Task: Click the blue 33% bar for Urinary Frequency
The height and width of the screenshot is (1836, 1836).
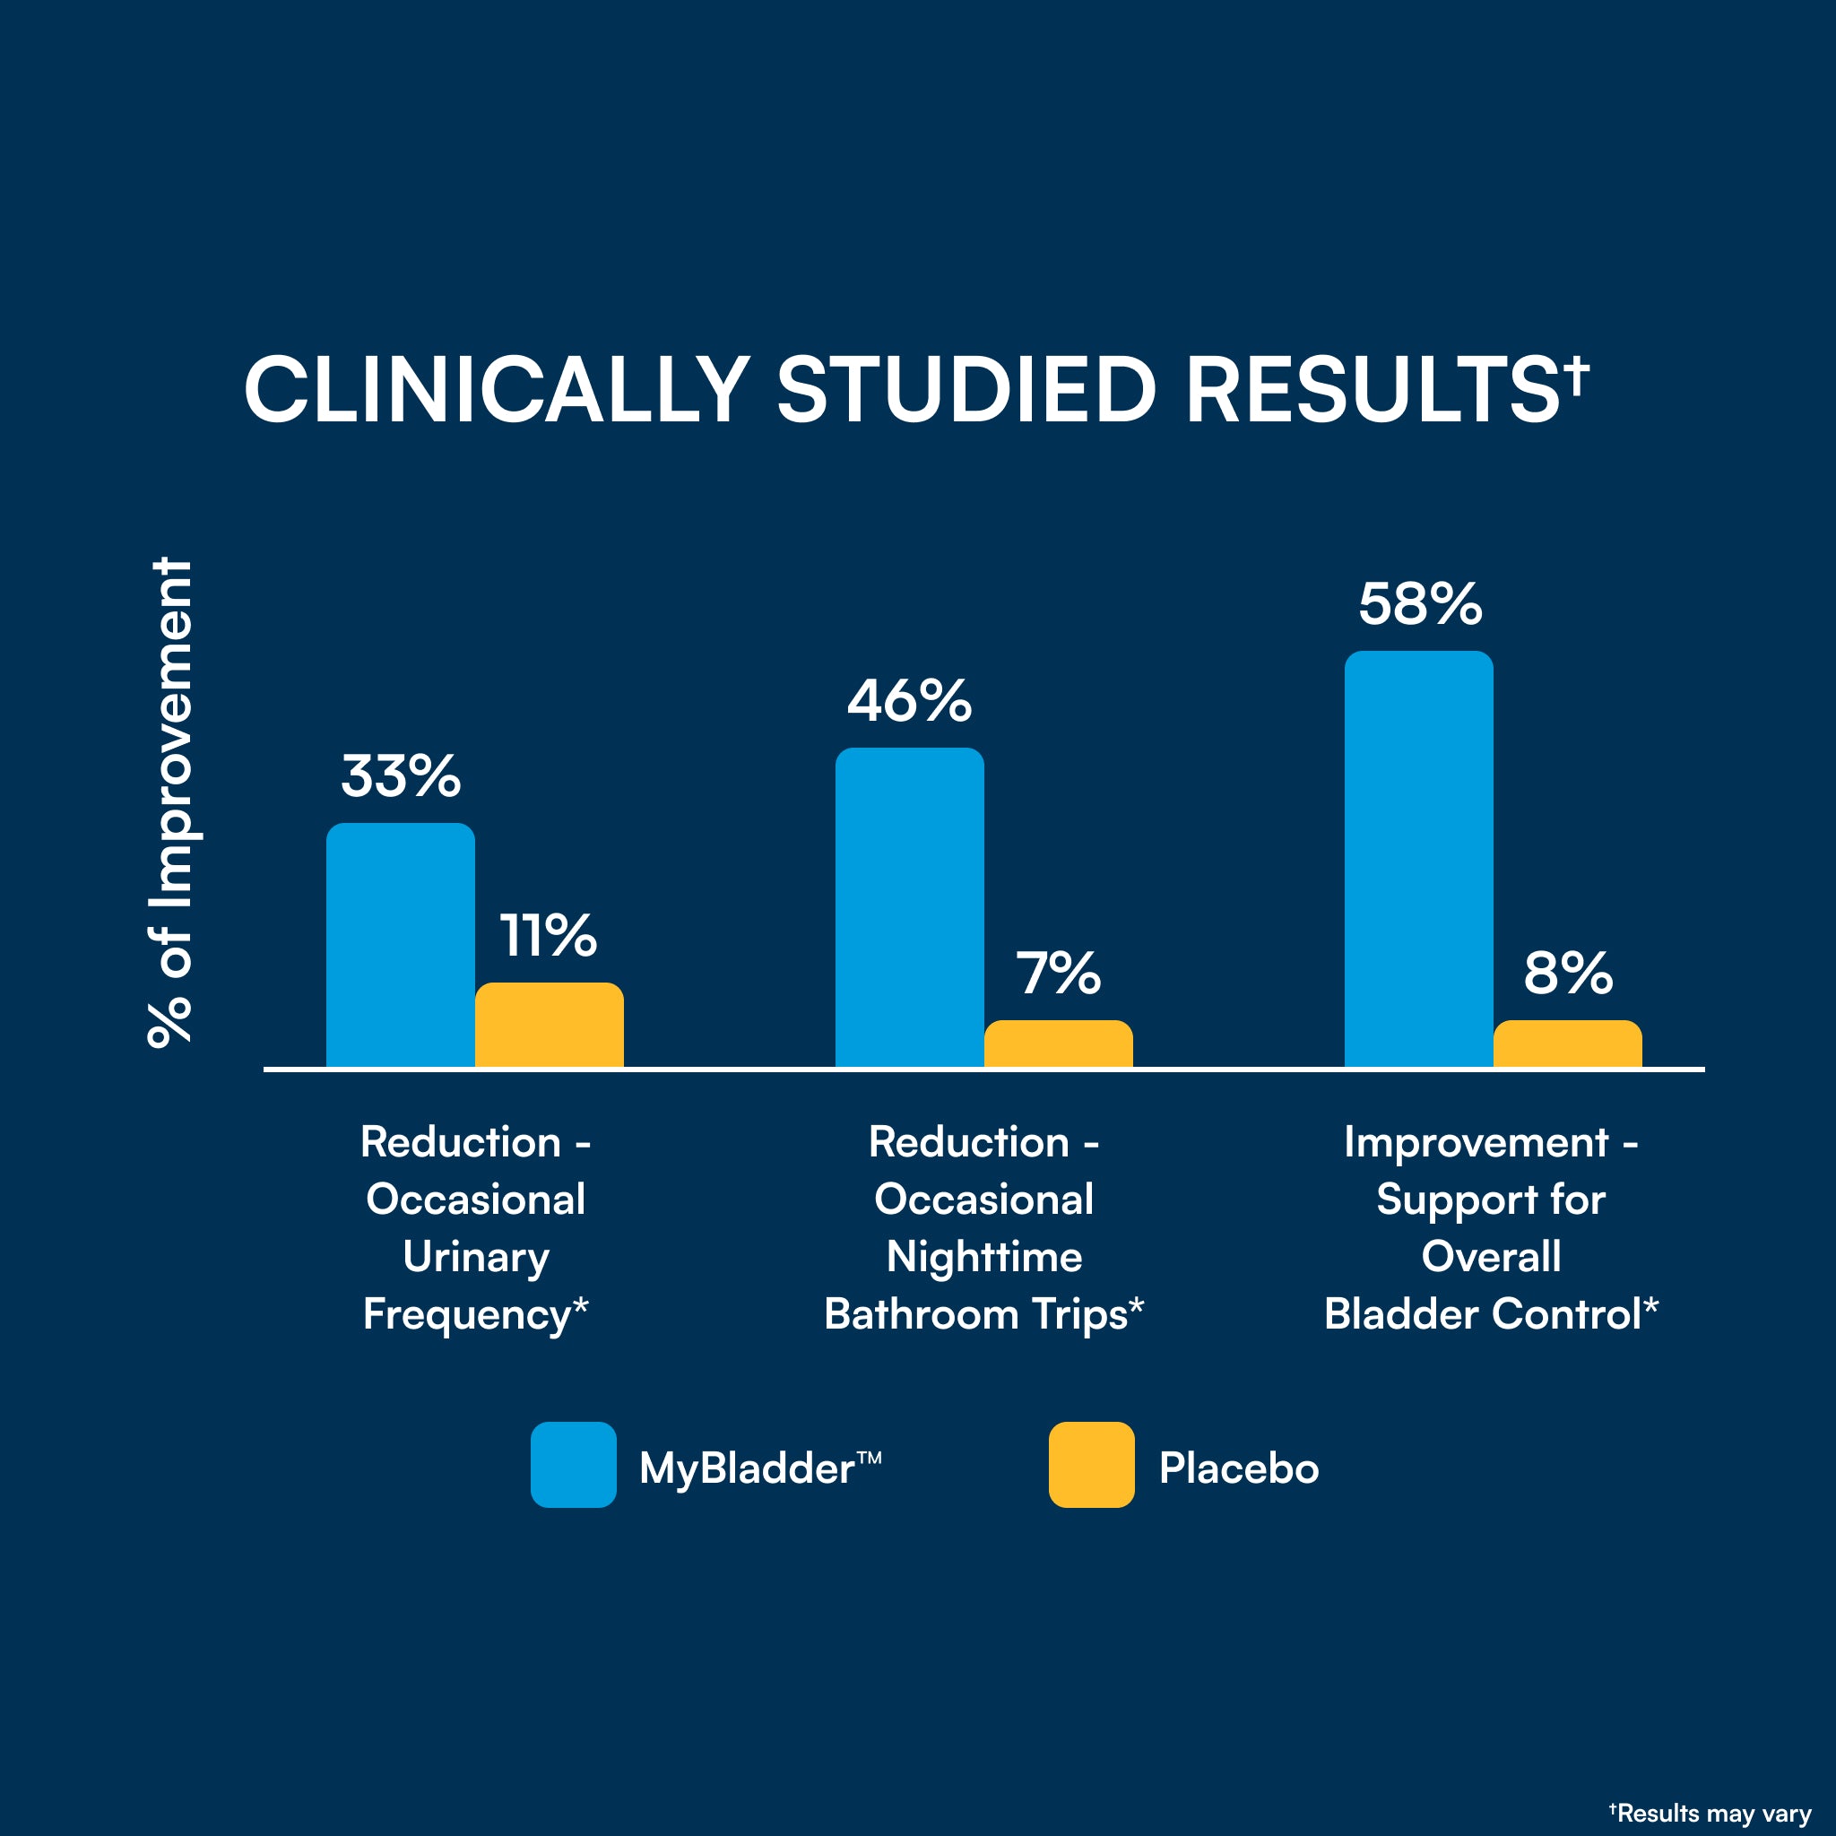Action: [400, 946]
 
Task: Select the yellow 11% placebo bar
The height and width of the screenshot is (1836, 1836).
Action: [550, 1026]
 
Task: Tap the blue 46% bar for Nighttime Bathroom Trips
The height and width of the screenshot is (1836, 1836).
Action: [909, 907]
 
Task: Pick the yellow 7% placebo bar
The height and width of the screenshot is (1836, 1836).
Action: [1058, 1044]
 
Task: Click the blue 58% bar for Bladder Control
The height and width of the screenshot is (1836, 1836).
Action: [1419, 859]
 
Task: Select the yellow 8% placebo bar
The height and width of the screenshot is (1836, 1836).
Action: [1567, 1044]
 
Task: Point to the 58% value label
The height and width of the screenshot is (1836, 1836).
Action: [1420, 604]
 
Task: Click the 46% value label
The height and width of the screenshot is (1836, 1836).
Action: [909, 701]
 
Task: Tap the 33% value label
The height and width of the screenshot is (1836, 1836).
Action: [401, 776]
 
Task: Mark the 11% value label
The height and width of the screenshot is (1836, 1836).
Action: [549, 936]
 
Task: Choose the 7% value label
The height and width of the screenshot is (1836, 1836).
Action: [1058, 974]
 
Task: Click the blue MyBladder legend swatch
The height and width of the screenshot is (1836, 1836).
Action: [573, 1465]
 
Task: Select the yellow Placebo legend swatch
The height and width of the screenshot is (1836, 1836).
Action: [1091, 1465]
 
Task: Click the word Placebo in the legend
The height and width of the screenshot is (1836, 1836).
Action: [1238, 1468]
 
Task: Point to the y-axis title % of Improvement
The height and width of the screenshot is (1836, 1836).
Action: [171, 803]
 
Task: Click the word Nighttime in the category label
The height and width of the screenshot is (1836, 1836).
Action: [984, 1257]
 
